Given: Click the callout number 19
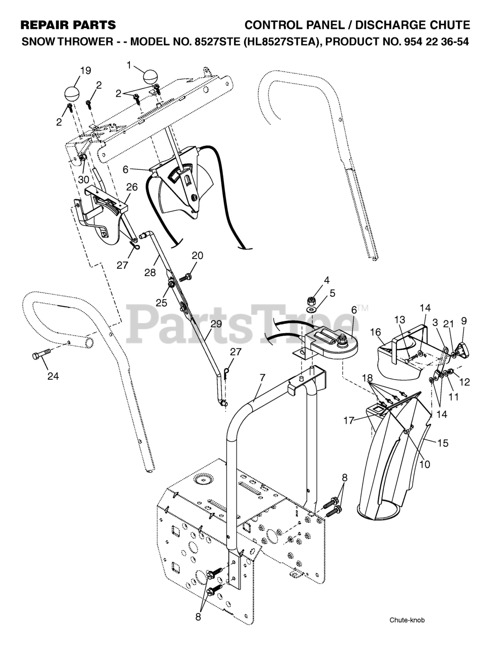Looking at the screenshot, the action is pyautogui.click(x=85, y=70).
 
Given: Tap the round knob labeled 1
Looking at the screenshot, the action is pyautogui.click(x=151, y=77).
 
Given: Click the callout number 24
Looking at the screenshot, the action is pyautogui.click(x=53, y=376).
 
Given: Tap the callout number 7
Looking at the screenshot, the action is pyautogui.click(x=262, y=378).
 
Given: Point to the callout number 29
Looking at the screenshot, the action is pyautogui.click(x=216, y=324).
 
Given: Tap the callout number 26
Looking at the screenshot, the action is pyautogui.click(x=131, y=187).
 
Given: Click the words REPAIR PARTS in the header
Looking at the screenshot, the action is pyautogui.click(x=68, y=25).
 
